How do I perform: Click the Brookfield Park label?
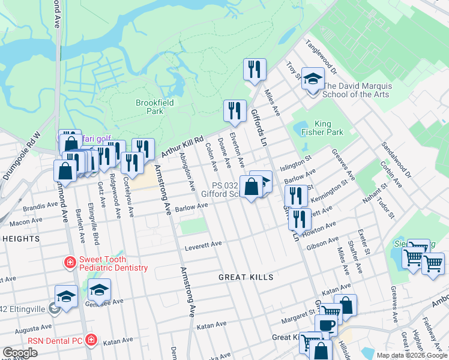pos(154,107)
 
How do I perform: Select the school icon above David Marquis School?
pos(312,79)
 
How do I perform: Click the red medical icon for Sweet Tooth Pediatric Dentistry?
pos(70,263)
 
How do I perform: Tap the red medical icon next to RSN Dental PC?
pos(91,340)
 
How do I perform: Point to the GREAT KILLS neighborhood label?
pos(246,277)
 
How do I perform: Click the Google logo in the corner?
pos(20,352)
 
